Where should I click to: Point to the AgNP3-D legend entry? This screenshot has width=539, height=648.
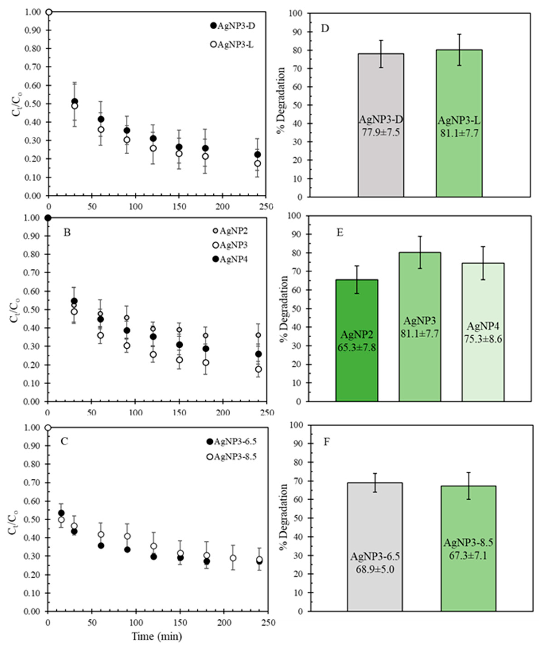pyautogui.click(x=233, y=26)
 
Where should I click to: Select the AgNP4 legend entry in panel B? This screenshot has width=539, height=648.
pyautogui.click(x=230, y=260)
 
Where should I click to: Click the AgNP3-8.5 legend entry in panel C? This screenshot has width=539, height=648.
pyautogui.click(x=232, y=456)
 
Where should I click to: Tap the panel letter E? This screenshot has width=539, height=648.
pyautogui.click(x=340, y=232)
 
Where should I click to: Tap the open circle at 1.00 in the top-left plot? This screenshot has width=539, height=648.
pyautogui.click(x=49, y=12)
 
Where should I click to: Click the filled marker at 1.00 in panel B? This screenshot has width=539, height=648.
pyautogui.click(x=48, y=218)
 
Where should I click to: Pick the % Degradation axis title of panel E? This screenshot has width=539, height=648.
pyautogui.click(x=284, y=308)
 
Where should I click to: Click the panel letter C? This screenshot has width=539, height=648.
pyautogui.click(x=64, y=441)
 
